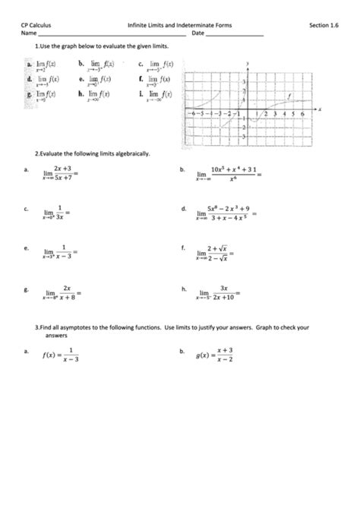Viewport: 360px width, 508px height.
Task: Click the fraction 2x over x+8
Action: click(x=68, y=293)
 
